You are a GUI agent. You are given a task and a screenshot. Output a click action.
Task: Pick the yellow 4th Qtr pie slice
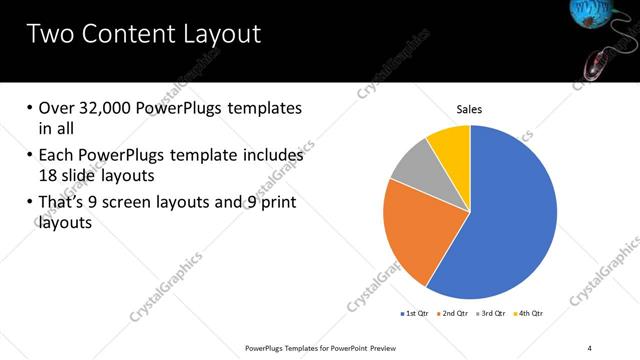click(451, 145)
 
